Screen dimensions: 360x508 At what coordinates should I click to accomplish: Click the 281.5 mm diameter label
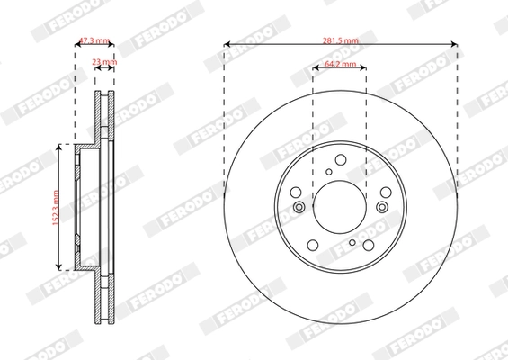click(340, 40)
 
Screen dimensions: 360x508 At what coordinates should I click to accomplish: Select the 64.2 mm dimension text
click(340, 65)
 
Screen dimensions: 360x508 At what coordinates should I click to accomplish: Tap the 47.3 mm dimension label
click(94, 40)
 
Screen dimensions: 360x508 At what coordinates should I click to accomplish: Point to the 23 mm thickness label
click(104, 62)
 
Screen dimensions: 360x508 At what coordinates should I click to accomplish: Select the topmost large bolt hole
click(340, 160)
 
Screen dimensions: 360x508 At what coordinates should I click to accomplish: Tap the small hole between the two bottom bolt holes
click(350, 241)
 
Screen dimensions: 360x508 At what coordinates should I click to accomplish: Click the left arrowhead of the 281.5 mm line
click(226, 44)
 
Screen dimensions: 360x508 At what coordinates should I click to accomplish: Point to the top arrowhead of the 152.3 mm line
click(60, 146)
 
